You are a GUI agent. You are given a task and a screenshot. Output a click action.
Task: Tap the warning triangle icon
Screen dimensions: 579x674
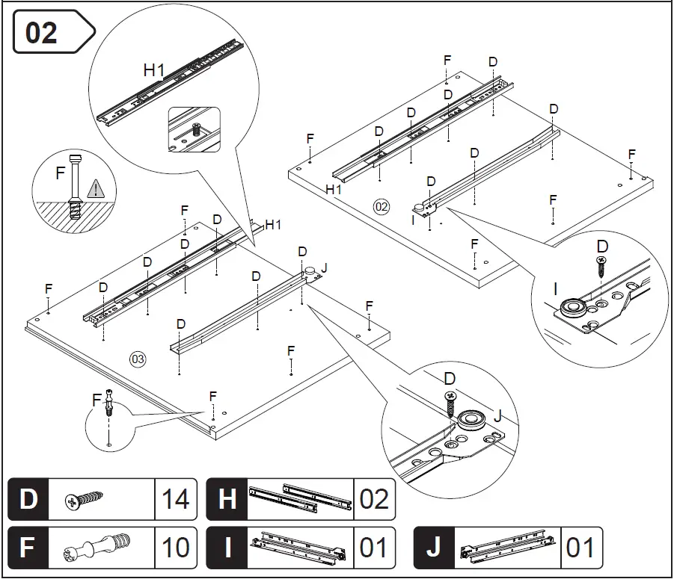coord(95,189)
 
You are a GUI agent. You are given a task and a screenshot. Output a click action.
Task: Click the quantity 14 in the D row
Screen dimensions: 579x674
coord(176,499)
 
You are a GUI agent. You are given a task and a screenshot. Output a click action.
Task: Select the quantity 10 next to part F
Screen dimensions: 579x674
coord(176,547)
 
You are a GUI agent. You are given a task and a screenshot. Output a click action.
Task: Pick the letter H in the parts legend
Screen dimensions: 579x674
coord(227,499)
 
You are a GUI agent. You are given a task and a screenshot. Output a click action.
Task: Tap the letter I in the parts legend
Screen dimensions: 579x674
coord(227,547)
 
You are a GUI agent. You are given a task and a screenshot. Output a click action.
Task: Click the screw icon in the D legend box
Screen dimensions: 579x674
coord(82,499)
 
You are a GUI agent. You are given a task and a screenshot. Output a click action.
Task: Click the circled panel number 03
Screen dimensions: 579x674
coord(138,359)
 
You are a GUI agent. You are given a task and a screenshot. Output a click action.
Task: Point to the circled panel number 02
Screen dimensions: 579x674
coord(382,207)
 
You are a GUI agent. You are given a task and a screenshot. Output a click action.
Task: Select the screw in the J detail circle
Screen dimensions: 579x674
coord(451,403)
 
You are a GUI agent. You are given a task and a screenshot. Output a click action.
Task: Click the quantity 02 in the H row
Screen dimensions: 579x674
coord(374,499)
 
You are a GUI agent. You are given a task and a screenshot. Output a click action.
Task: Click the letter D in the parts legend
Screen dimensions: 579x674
coord(28,499)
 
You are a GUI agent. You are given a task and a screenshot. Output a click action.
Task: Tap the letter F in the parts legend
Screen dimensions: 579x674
coord(28,547)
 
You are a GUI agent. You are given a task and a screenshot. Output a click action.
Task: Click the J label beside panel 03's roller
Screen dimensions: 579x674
coord(324,267)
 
